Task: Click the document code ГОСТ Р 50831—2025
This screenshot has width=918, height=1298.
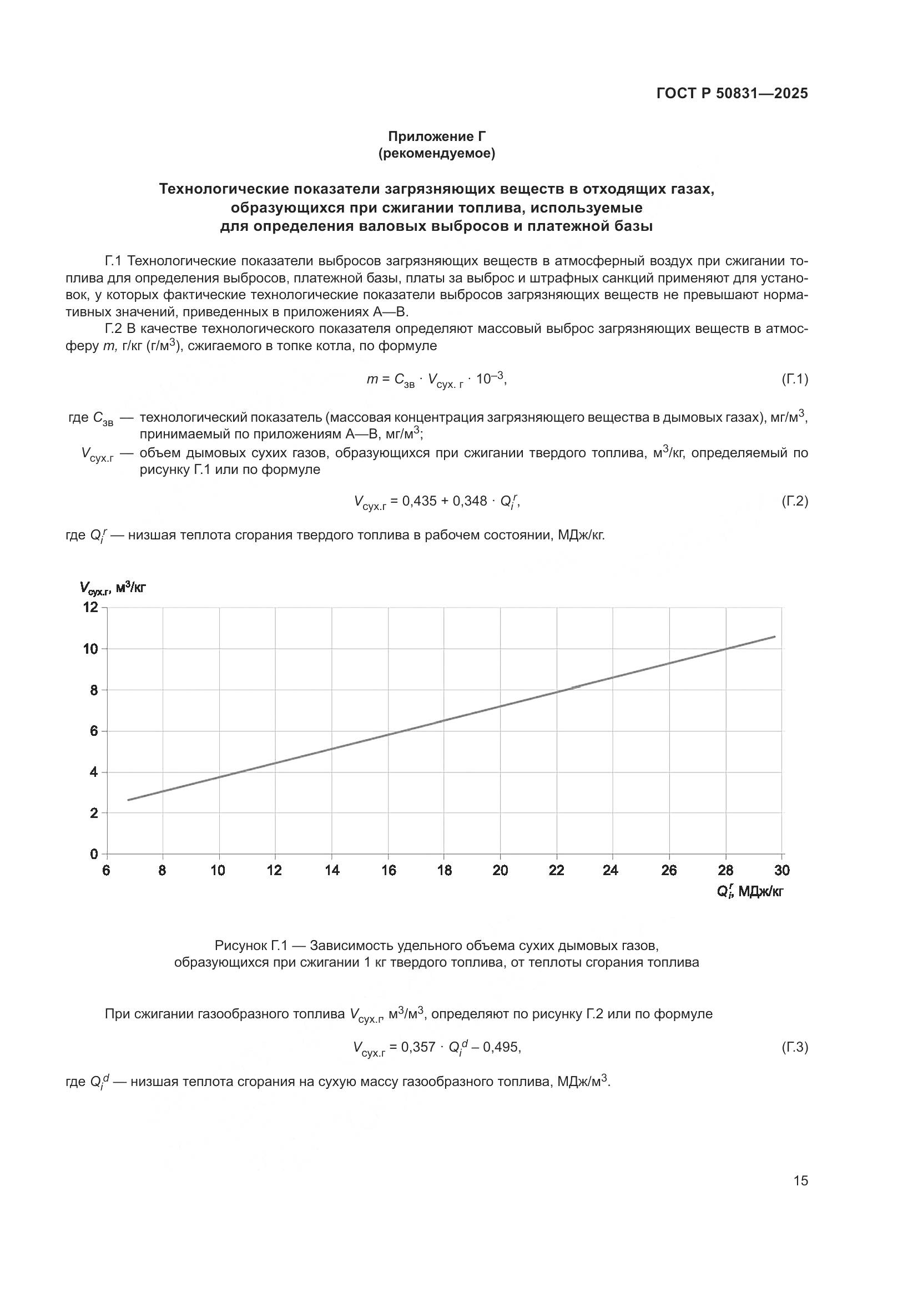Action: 732,93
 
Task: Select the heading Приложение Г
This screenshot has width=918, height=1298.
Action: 436,137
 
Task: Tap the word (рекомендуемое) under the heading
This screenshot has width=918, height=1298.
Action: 436,153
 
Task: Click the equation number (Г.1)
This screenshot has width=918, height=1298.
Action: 794,380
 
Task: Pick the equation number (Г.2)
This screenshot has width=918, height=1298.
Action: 794,501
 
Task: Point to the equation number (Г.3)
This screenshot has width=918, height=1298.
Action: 794,1048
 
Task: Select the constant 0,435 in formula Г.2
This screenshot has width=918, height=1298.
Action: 419,501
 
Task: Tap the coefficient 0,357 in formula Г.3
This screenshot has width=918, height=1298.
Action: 418,1048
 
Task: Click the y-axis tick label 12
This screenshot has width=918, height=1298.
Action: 90,607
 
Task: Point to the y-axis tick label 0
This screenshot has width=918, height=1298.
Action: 94,853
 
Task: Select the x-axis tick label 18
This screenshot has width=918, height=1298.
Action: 445,871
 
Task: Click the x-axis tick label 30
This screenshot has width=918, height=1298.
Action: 782,871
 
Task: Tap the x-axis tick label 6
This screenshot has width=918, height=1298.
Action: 106,871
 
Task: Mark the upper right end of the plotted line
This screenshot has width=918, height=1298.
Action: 774,637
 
